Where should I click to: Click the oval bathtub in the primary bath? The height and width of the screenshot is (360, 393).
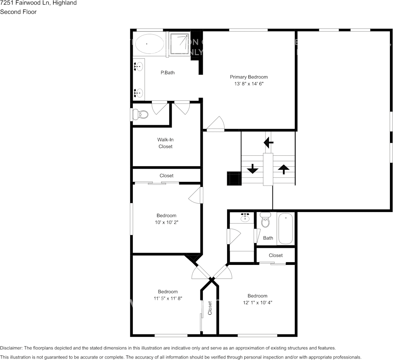(x=150, y=43)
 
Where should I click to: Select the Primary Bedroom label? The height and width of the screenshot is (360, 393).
(x=248, y=77)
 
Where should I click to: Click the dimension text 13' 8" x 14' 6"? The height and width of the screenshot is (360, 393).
(x=248, y=84)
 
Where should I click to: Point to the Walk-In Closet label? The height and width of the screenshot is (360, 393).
(x=165, y=143)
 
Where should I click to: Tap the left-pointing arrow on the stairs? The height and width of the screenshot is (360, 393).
(x=268, y=142)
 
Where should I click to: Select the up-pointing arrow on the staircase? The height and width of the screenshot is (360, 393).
(x=283, y=169)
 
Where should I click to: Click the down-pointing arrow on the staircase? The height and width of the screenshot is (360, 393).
(x=252, y=168)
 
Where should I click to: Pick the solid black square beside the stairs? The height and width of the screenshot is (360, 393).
(x=234, y=178)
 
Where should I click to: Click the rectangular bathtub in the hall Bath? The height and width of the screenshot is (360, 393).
(x=285, y=228)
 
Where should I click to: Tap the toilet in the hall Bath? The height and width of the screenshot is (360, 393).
(x=265, y=220)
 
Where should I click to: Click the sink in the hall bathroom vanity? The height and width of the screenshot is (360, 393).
(x=245, y=218)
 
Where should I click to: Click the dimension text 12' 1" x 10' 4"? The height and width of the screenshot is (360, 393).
(x=257, y=303)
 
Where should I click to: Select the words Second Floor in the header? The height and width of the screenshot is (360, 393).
(x=18, y=12)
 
